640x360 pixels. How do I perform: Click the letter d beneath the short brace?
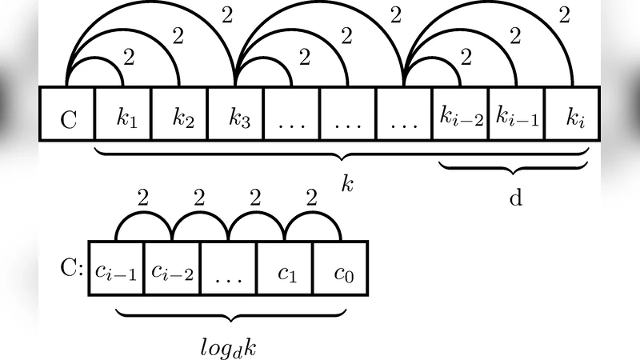tap(516, 198)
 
